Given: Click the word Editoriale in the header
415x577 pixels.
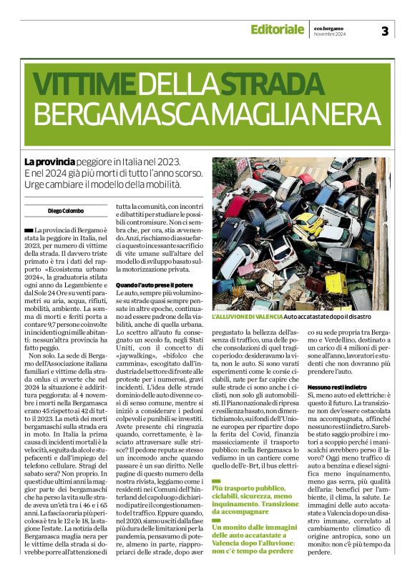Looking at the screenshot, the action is (x=277, y=30).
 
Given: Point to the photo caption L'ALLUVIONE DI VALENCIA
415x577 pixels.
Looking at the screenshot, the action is (x=247, y=336).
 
